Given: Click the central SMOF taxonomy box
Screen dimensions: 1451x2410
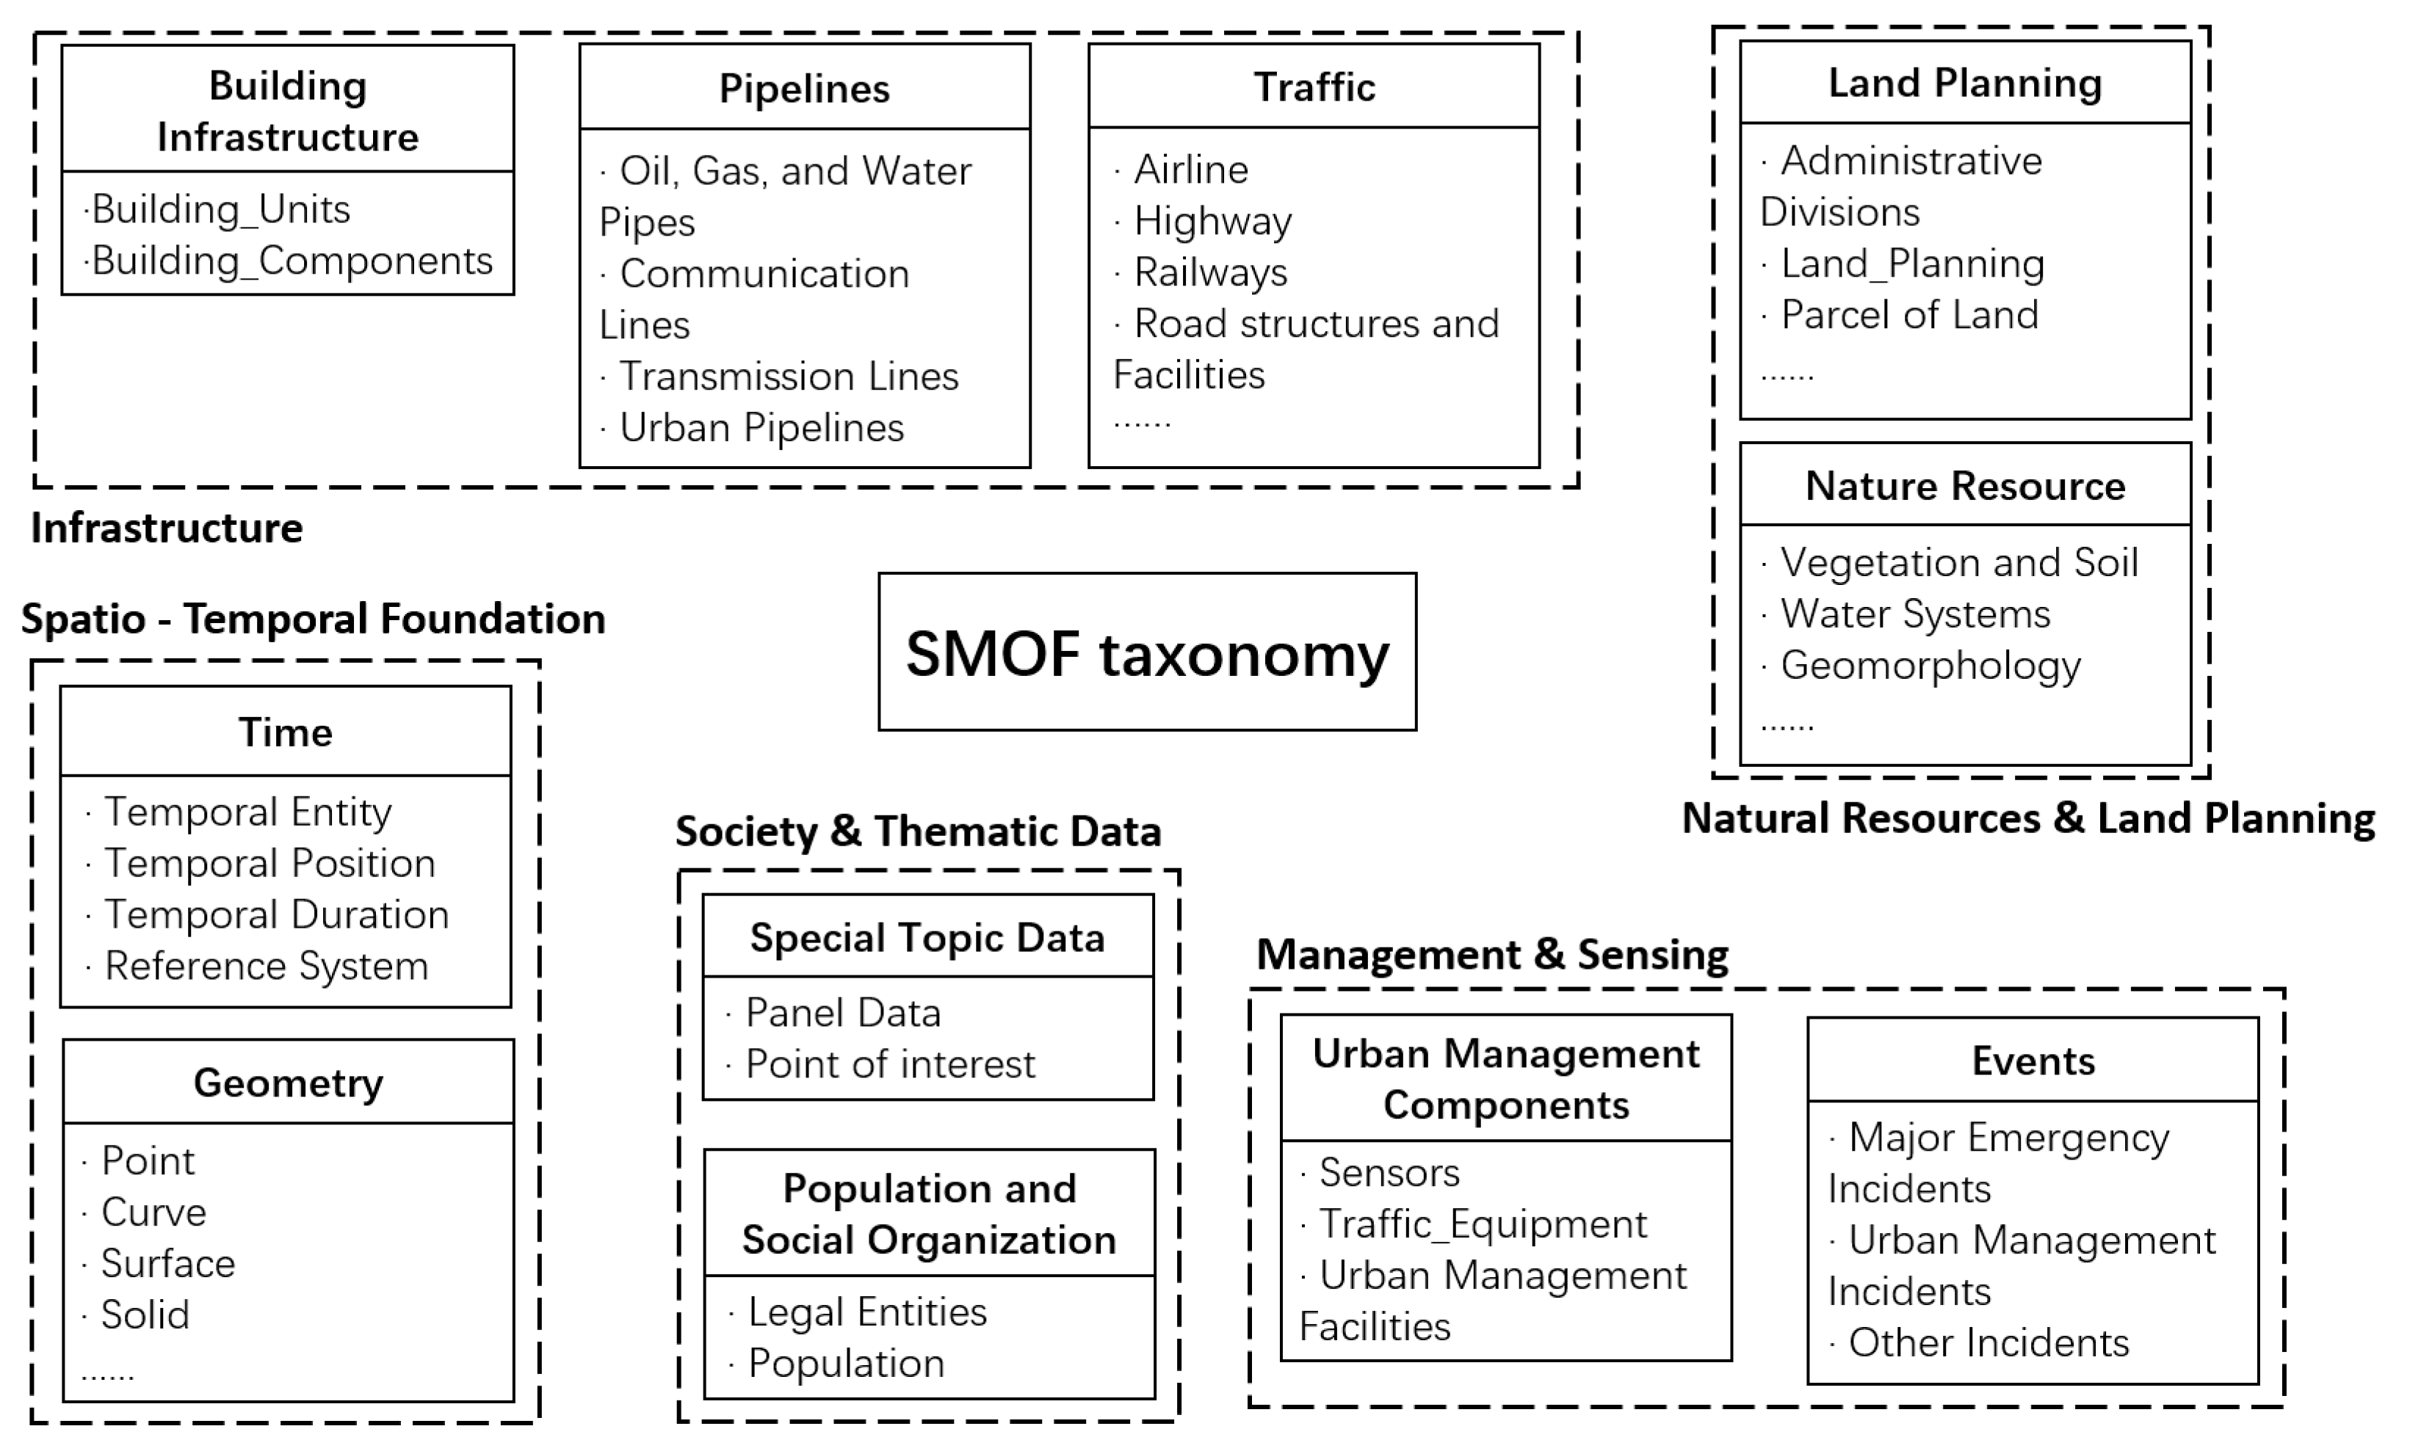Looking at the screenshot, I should tap(1146, 652).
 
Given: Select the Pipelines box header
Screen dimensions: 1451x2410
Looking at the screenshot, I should tap(804, 88).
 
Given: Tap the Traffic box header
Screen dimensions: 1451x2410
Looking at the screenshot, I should tap(1314, 87).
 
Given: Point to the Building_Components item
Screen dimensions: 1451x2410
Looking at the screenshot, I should tap(292, 261).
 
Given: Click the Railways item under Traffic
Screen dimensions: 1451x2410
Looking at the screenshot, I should tap(1210, 273).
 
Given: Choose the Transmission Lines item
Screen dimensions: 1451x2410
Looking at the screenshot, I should tap(789, 377).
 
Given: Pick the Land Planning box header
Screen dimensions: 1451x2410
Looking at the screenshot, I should tap(1964, 83).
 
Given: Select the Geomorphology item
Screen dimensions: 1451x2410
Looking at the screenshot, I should tap(1930, 666).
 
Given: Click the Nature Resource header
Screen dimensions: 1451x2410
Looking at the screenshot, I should tap(1964, 486).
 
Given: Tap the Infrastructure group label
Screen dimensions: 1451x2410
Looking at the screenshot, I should tap(166, 528).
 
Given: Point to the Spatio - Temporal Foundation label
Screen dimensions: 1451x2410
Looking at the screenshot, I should tap(313, 619).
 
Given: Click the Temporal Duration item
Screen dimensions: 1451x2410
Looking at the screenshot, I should tap(276, 915).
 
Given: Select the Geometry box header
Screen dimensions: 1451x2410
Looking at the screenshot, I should tap(288, 1083).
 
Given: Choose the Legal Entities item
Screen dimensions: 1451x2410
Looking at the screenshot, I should tap(866, 1312).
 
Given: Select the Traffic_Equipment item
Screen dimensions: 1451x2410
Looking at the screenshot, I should tap(1482, 1224).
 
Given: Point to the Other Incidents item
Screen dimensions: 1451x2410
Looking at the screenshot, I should tap(1988, 1343).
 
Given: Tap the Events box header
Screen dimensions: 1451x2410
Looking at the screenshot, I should tap(2033, 1061).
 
